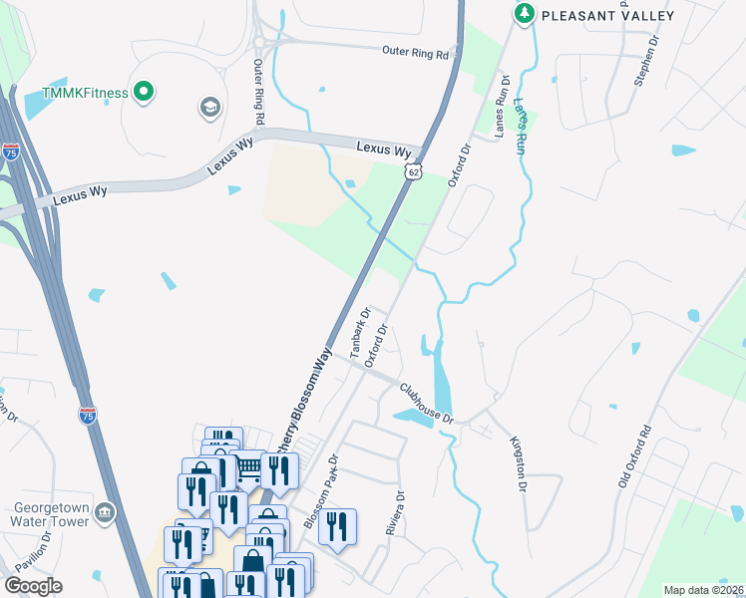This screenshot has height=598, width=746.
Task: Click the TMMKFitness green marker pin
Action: coord(143,94)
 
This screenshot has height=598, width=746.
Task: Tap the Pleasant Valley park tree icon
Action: coord(524,14)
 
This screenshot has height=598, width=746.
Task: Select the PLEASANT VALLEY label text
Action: coord(607,15)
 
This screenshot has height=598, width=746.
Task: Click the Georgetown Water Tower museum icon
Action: coord(107,512)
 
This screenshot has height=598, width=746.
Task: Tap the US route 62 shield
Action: coord(413,172)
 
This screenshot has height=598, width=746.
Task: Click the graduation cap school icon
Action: coord(209,107)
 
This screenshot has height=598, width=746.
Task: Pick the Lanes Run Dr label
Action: coord(502,104)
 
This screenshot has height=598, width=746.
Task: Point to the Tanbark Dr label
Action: coord(360,332)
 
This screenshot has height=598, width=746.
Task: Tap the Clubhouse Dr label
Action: coord(427,403)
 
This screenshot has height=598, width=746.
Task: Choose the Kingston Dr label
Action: coord(518,463)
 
